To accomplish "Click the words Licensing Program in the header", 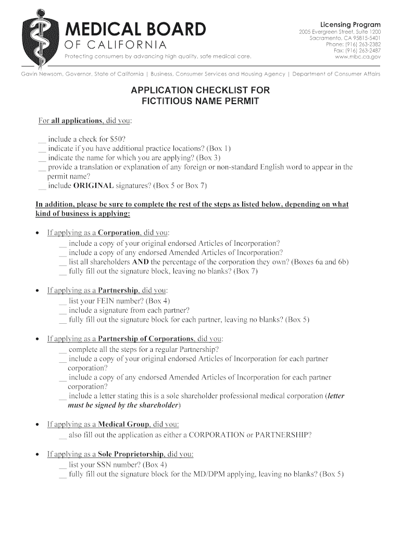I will tap(350, 24).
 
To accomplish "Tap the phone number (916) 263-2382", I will tap(360, 44).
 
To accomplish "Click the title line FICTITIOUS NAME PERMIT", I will tap(200, 101).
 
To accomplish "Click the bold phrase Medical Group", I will tap(122, 424).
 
